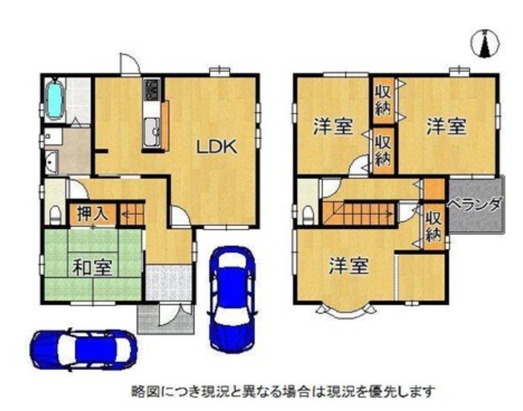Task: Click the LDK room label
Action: click(216, 146)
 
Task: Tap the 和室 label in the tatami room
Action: click(92, 268)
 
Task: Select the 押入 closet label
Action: click(92, 213)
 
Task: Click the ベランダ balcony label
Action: click(475, 204)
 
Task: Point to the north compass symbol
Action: click(485, 43)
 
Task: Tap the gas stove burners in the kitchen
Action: click(152, 89)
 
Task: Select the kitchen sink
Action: click(152, 132)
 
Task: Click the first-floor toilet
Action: click(55, 216)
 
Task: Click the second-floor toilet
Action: click(308, 216)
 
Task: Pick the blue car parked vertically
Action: click(232, 299)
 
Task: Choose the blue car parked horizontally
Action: click(83, 350)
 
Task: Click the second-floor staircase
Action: click(359, 213)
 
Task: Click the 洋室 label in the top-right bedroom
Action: click(446, 126)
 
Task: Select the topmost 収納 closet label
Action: click(383, 100)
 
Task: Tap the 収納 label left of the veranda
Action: click(434, 227)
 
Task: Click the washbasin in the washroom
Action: click(51, 162)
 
